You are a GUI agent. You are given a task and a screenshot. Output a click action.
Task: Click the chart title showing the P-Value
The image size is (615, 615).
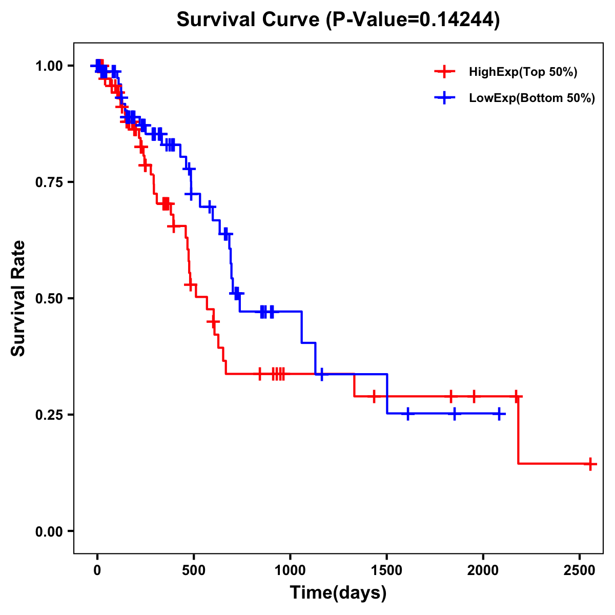click(x=338, y=20)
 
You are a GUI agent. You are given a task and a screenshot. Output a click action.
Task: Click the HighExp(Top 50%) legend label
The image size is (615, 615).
click(x=523, y=72)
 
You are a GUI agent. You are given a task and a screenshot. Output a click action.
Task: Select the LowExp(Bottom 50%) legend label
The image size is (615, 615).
click(x=532, y=98)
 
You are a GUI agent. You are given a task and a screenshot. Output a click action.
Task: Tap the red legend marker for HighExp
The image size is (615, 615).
click(x=444, y=72)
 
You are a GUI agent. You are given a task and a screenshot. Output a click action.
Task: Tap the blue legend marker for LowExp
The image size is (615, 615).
click(x=444, y=98)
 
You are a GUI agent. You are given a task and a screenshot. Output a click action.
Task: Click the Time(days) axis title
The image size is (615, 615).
click(x=338, y=593)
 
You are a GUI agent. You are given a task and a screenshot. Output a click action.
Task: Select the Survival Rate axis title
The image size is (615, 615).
click(x=19, y=298)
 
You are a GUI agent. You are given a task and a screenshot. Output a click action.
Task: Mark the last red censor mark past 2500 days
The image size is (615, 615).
click(x=590, y=464)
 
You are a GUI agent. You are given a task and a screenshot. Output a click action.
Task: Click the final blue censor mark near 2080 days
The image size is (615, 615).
click(x=499, y=414)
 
